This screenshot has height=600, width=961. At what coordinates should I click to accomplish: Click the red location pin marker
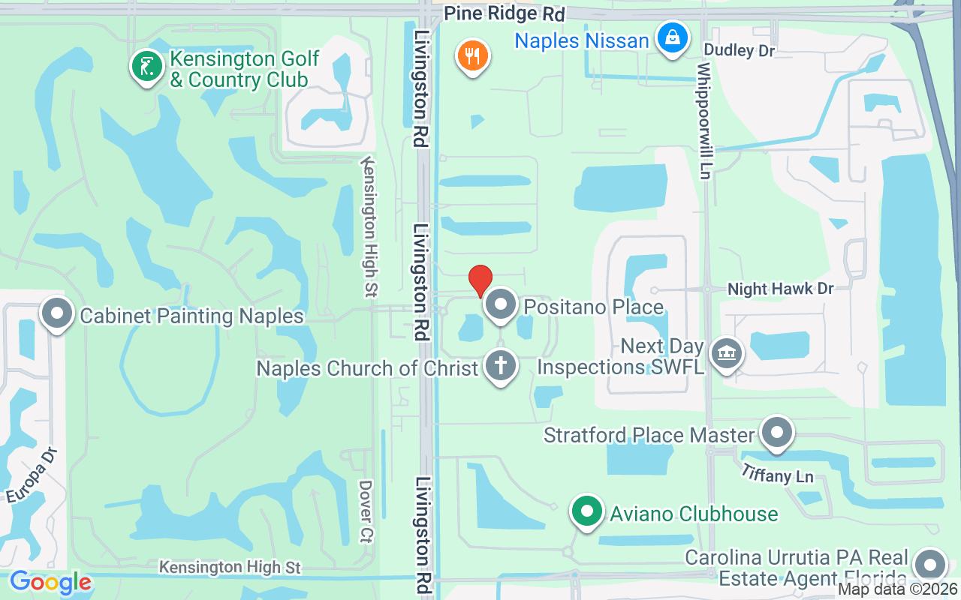480,280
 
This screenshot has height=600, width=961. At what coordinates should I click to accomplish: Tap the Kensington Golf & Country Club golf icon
147,66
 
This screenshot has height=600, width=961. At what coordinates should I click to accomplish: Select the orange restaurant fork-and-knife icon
472,55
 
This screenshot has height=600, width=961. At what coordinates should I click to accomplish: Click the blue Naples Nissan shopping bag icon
673,37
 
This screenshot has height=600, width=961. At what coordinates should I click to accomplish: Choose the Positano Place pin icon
501,305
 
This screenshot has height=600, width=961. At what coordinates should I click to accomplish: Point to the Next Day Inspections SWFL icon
726,352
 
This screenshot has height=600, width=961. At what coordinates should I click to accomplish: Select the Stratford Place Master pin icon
777,432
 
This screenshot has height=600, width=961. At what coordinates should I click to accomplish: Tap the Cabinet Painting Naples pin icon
57,313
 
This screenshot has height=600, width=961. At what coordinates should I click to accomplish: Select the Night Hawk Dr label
781,289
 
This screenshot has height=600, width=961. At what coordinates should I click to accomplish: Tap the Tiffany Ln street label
777,473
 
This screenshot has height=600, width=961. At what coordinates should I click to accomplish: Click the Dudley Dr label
739,50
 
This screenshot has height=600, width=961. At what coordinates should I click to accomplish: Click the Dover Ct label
366,511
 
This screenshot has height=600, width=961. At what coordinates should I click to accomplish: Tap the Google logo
50,582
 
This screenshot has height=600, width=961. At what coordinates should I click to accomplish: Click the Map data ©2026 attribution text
897,589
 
